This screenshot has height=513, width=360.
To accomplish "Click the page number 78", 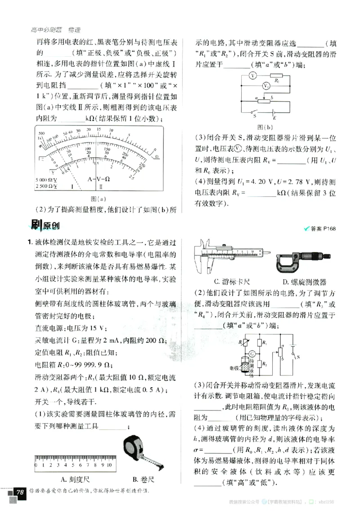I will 19,492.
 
